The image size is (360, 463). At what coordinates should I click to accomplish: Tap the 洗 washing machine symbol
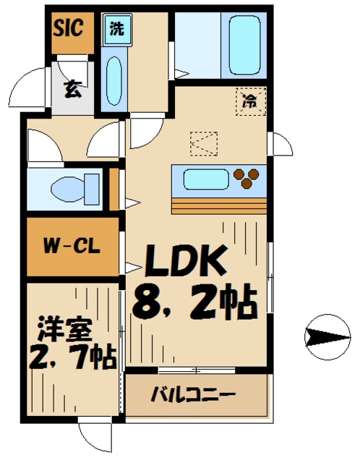coord(116,30)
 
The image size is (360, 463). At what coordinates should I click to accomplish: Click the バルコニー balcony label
coord(193,395)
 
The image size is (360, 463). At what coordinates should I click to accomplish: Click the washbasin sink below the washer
coord(114,81)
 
